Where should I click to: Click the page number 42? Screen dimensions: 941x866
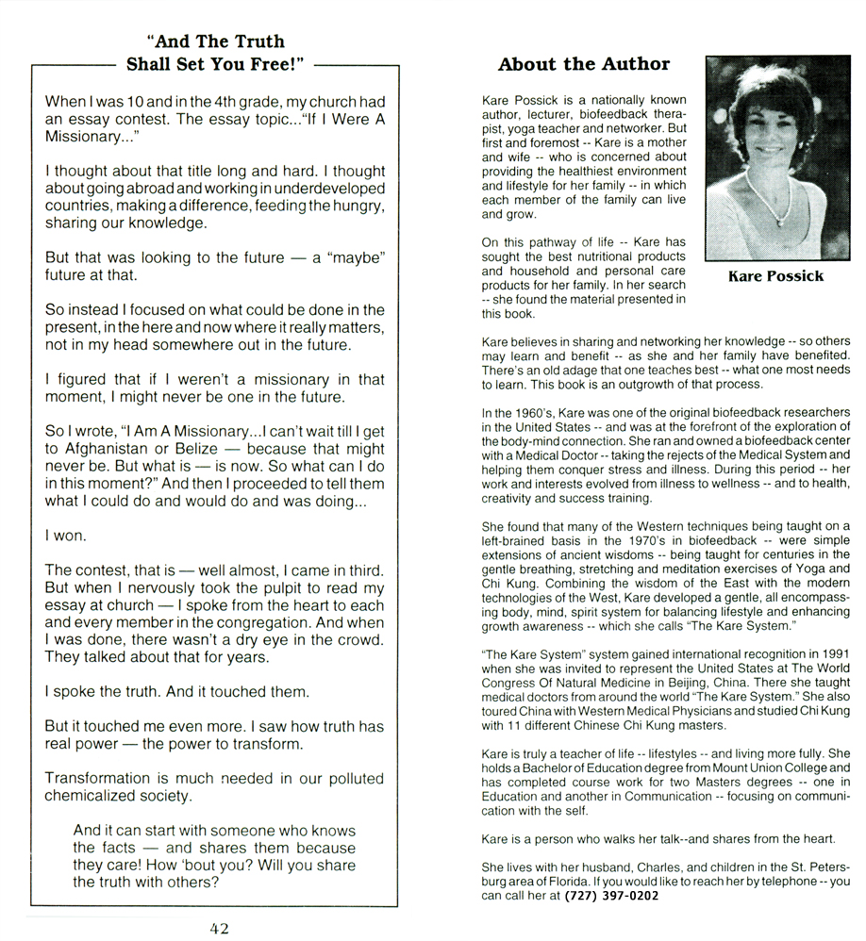point(218,928)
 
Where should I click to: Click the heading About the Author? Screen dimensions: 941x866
point(583,64)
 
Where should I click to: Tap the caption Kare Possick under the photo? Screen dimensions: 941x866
point(776,276)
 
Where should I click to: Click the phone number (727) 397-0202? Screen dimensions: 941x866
point(611,896)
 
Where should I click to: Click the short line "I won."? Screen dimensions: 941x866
point(66,535)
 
